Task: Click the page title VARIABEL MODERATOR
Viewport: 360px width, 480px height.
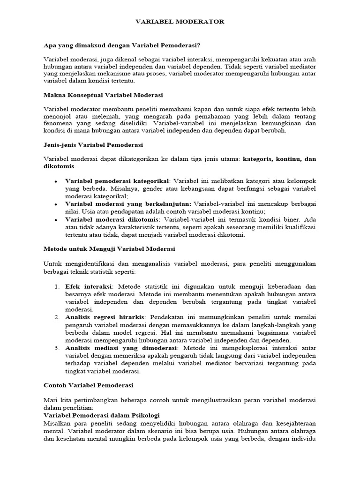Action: [180, 22]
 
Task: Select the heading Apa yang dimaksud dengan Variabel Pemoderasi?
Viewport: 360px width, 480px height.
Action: [122, 45]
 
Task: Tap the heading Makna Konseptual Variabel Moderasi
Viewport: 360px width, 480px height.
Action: [103, 95]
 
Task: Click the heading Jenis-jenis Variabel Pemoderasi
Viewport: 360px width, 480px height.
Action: [93, 144]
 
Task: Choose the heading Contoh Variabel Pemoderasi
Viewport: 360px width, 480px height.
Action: [89, 385]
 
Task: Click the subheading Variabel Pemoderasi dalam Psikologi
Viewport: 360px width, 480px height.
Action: [102, 415]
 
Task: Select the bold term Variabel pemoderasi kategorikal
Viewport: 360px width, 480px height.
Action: [117, 181]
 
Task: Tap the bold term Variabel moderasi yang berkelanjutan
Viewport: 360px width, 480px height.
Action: [128, 204]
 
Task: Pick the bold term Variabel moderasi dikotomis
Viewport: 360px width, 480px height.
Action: [112, 219]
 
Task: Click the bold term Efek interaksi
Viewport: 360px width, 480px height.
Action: [89, 286]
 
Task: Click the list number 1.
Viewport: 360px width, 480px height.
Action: [57, 286]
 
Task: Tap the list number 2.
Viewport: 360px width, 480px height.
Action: [57, 317]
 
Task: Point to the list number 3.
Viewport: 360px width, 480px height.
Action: [57, 348]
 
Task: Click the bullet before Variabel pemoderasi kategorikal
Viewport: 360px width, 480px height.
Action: [56, 181]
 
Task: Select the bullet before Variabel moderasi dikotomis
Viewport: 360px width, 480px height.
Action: [56, 220]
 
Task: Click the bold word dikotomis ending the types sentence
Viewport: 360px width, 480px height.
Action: [59, 166]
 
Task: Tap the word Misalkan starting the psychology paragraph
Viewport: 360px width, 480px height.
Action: [57, 423]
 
